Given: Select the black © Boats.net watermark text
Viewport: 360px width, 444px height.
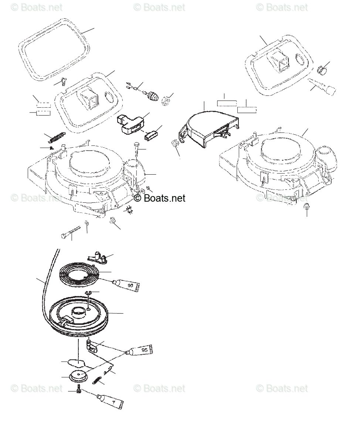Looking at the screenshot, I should pyautogui.click(x=160, y=198).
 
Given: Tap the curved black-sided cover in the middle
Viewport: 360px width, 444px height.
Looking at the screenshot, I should pyautogui.click(x=211, y=129).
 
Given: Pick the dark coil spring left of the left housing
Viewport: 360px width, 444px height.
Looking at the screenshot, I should pyautogui.click(x=56, y=138).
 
